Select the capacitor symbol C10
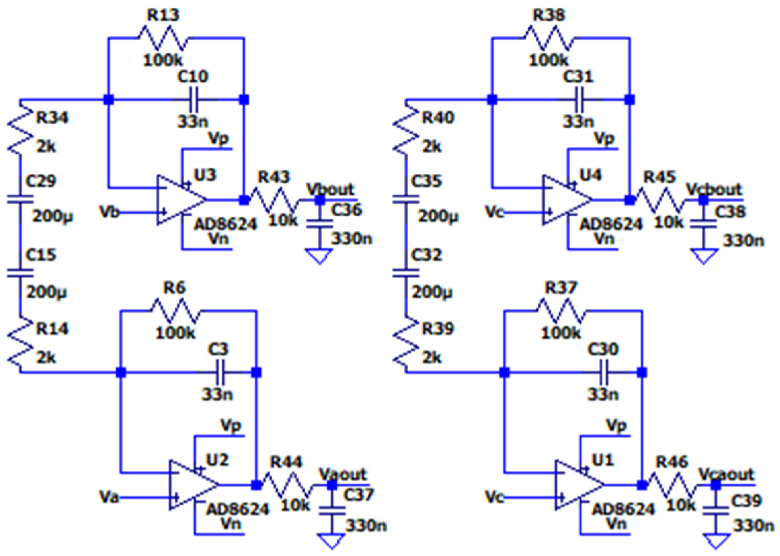tap(194, 100)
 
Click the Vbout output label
tap(330, 189)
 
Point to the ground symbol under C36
tap(319, 256)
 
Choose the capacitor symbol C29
tap(20, 199)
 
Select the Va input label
tap(109, 497)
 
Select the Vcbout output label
tap(714, 189)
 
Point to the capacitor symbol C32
tap(406, 273)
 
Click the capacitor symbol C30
tap(604, 372)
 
